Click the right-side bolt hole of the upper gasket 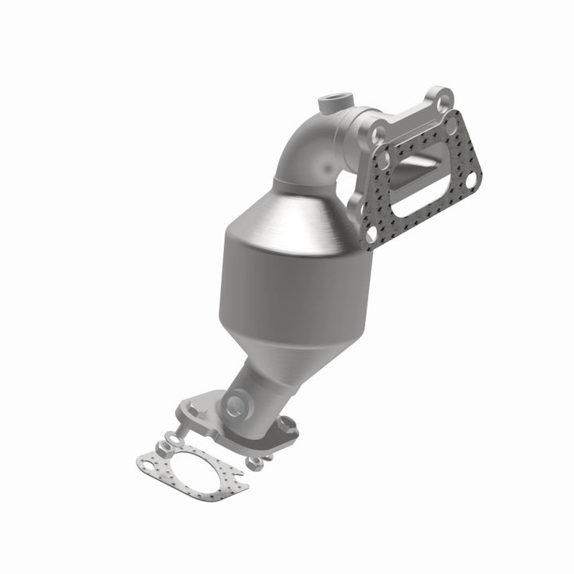(x=470, y=182)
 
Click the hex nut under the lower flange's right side (x=254, y=462)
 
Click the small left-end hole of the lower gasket (x=147, y=463)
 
